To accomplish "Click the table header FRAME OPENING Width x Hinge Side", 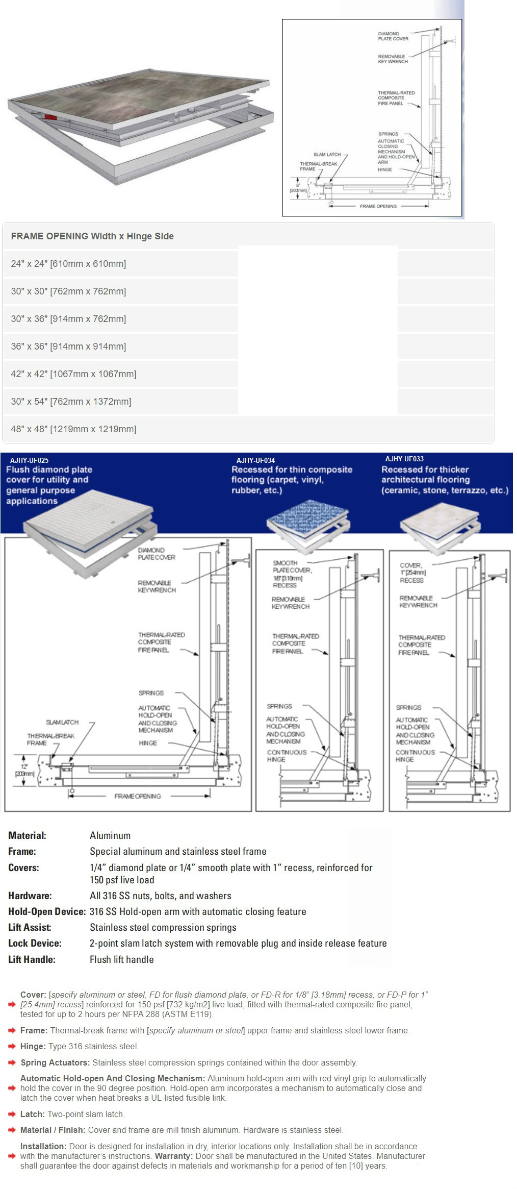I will [x=92, y=236].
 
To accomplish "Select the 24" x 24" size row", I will [x=68, y=264].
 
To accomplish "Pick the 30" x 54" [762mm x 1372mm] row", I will [x=71, y=402].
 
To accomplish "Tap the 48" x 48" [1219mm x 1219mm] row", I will [x=73, y=429].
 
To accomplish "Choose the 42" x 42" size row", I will [x=73, y=374].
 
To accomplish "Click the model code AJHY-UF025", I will [x=29, y=460].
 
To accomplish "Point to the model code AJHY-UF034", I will [x=255, y=460].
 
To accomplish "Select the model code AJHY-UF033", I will [x=404, y=459].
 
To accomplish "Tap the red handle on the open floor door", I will [x=50, y=117].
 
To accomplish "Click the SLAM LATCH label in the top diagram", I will [x=327, y=155].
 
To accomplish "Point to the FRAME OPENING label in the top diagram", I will [x=378, y=206].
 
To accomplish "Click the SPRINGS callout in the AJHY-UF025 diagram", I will [x=151, y=693].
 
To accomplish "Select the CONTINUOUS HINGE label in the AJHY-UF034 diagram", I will [x=287, y=756].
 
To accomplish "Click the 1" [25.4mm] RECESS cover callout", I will [x=411, y=573].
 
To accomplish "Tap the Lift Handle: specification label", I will [x=32, y=959].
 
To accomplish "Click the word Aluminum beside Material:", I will [x=110, y=835].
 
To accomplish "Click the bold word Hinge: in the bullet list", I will [x=33, y=1046].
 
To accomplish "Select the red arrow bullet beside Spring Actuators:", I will [x=12, y=1063].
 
